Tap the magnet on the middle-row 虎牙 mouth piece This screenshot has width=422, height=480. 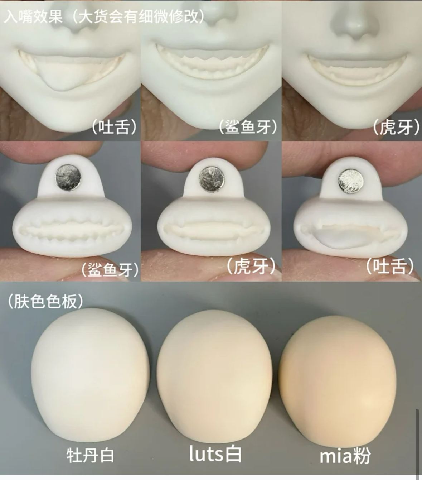(x=212, y=179)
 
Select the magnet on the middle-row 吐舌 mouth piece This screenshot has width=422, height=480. (x=351, y=181)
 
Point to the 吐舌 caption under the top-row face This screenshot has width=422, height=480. (x=114, y=126)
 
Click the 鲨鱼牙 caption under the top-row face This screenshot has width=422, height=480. (x=248, y=127)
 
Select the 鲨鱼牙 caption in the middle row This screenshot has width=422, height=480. (x=110, y=270)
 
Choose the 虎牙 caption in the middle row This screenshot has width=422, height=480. (x=252, y=266)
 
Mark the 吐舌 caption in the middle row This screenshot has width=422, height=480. (x=390, y=265)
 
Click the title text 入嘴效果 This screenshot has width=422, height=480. (x=33, y=16)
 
